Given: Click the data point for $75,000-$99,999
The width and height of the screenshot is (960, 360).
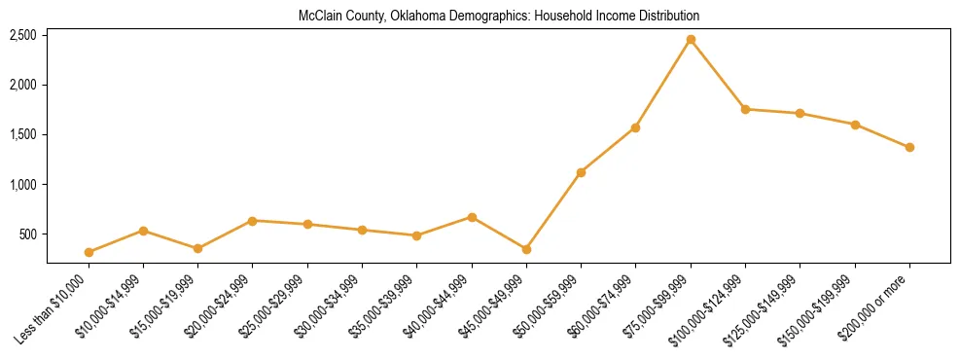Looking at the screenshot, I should (x=691, y=40).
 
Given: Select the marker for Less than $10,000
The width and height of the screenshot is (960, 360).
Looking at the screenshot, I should (x=89, y=252).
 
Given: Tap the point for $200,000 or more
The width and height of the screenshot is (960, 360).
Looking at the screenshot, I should (x=909, y=147).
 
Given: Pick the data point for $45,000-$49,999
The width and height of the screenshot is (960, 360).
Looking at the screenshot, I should (x=526, y=249).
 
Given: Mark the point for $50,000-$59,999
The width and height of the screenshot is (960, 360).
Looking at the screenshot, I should (x=581, y=172).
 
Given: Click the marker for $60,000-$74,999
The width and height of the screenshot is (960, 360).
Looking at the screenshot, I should (x=635, y=127).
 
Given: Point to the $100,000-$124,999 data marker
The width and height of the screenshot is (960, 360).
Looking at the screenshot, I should (x=745, y=109).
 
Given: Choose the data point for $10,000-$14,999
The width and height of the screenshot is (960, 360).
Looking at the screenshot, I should (x=143, y=231).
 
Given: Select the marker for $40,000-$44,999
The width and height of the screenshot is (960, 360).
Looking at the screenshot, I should (x=472, y=217).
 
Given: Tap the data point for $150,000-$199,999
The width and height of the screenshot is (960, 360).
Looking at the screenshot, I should (x=855, y=125).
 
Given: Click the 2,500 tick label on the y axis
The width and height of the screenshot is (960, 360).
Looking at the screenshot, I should (x=23, y=36).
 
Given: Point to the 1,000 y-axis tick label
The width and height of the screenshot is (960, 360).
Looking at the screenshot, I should (x=23, y=185).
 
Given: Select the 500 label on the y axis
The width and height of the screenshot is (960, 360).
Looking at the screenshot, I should (x=28, y=234).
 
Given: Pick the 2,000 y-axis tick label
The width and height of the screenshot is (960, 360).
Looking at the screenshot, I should (x=23, y=86).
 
